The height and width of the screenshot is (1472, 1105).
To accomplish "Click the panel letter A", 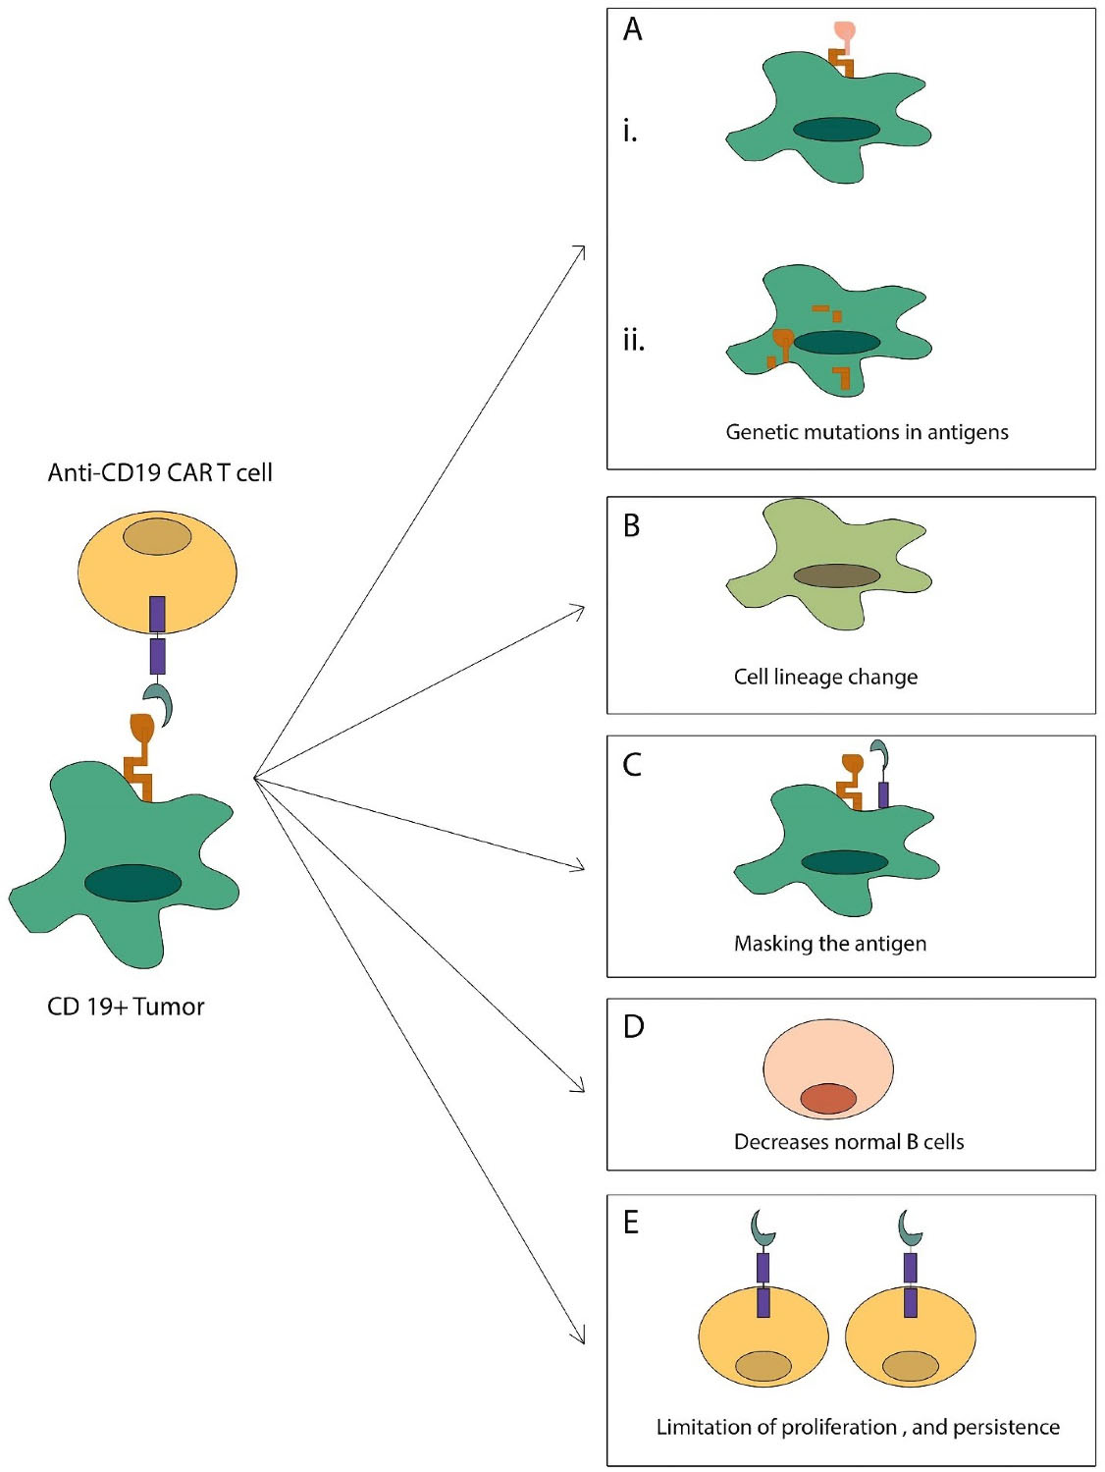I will (633, 29).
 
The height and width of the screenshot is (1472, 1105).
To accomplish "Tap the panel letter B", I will (632, 525).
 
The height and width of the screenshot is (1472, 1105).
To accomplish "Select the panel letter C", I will (632, 764).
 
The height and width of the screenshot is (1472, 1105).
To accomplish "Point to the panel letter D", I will (633, 1026).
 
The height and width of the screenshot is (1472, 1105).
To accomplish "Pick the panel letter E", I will (631, 1222).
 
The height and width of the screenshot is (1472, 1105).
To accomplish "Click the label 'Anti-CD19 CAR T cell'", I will (160, 472).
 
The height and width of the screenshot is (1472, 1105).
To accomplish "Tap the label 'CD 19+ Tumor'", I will (126, 1007).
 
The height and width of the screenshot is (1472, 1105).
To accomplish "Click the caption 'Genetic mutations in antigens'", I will (867, 432).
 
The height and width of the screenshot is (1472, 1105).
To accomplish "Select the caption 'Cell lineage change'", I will (825, 677).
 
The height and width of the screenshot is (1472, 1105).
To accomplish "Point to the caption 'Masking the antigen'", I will (829, 944).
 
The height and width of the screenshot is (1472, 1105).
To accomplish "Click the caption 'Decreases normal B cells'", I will (849, 1142).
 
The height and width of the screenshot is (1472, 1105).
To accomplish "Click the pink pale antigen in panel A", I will (844, 32).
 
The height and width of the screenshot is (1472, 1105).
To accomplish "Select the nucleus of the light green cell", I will (836, 575).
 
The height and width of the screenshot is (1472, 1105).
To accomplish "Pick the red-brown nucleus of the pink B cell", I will (828, 1098).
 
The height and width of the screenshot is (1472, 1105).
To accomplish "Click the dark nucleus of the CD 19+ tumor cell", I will (132, 883).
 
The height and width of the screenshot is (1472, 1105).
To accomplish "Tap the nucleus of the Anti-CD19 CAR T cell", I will (157, 537).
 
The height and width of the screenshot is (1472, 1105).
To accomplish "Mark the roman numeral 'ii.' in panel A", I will (633, 340).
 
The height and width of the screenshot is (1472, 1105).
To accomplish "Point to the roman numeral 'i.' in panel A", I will (630, 131).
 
